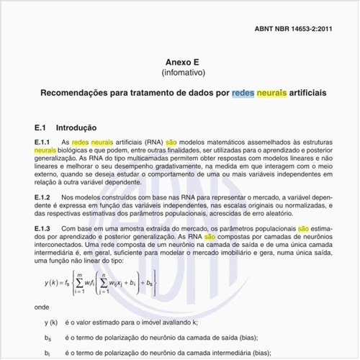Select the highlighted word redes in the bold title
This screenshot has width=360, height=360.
[243, 94]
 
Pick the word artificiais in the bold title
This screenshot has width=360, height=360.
[302, 94]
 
